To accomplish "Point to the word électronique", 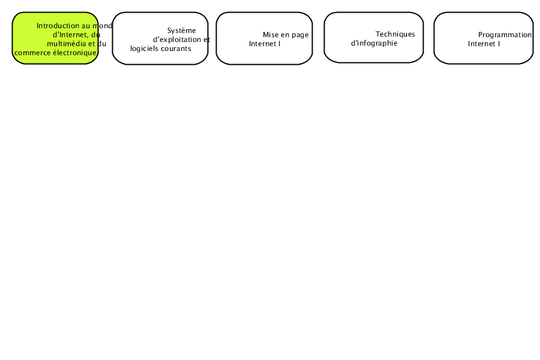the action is [75, 53].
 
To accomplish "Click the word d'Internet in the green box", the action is [70, 35].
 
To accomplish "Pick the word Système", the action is [181, 31].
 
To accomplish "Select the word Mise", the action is [271, 35].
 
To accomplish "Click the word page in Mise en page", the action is [300, 35].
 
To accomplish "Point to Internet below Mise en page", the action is [262, 44].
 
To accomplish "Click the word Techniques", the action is [395, 34].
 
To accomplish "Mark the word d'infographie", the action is [374, 43].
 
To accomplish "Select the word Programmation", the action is [505, 35].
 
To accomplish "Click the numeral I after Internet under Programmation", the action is [499, 44].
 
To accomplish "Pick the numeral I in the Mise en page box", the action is [279, 44].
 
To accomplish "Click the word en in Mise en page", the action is [285, 35].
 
